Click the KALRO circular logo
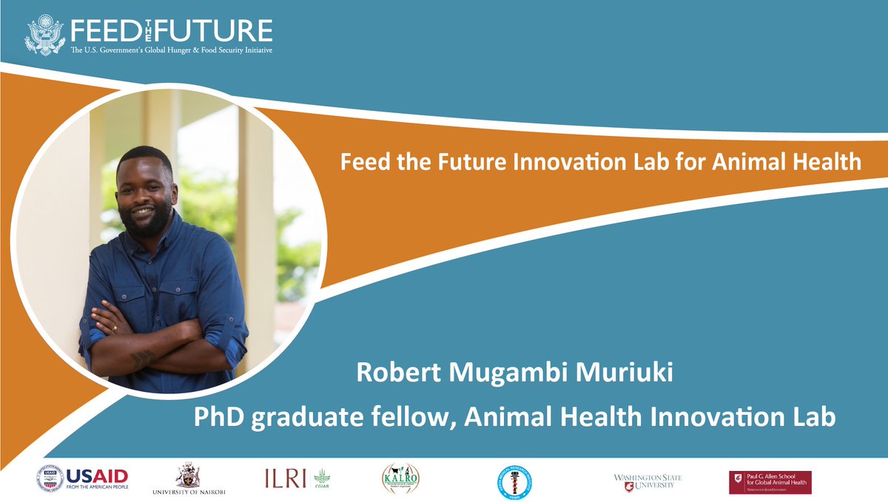[400, 480]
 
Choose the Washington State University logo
[647, 481]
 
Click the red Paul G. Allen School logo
[770, 482]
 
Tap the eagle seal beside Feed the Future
[45, 35]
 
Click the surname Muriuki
[635, 373]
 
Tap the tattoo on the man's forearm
[141, 356]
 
